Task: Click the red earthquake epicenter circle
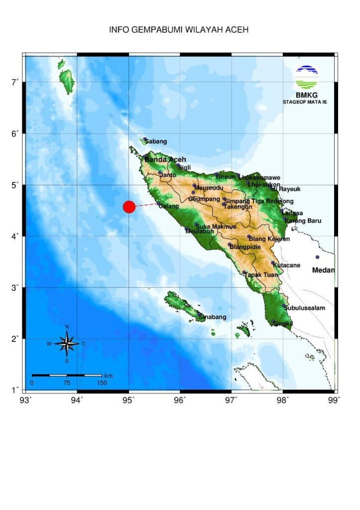click(x=129, y=207)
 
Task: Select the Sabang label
click(x=156, y=141)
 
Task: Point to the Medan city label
click(x=323, y=270)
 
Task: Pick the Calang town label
click(x=168, y=206)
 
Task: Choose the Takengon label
click(x=237, y=206)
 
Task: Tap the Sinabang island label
click(x=212, y=317)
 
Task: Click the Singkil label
click(x=282, y=323)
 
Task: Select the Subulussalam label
click(x=304, y=308)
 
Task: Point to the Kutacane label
click(x=286, y=265)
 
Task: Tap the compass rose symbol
click(x=67, y=343)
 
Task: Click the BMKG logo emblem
click(x=306, y=77)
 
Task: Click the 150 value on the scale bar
click(x=102, y=383)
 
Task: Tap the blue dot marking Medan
click(x=317, y=257)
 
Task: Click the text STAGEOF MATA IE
click(x=305, y=102)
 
